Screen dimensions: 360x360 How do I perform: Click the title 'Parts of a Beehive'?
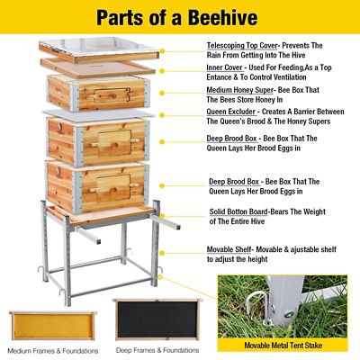[x=180, y=17]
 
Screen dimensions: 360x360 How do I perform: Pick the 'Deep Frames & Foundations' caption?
[x=157, y=349]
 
